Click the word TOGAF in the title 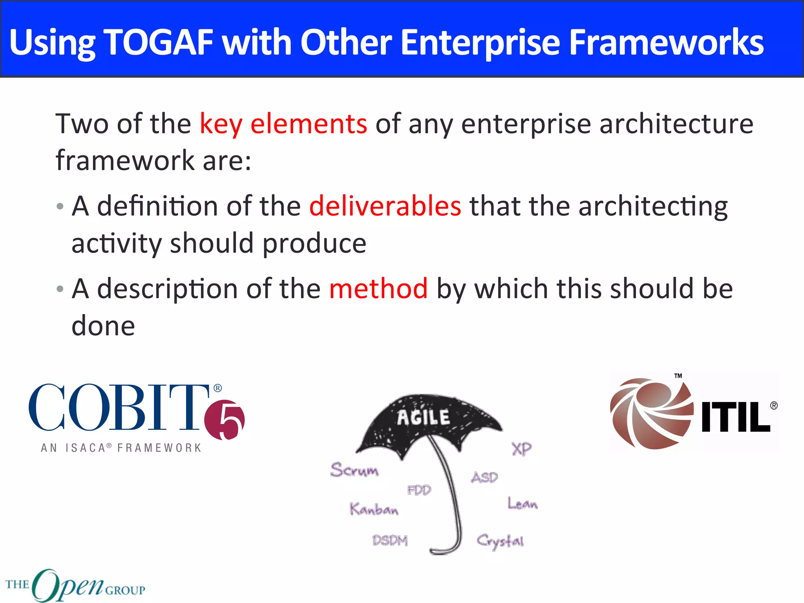(159, 42)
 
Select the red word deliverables (385, 206)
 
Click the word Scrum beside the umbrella (354, 470)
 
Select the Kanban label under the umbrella (374, 509)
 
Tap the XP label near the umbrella (521, 448)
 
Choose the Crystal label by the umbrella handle (500, 541)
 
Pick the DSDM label (390, 541)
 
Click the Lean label (522, 503)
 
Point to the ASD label (484, 477)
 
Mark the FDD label (419, 490)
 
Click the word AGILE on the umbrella (423, 417)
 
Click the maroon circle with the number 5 (225, 420)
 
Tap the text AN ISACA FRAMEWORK (121, 448)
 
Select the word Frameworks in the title (666, 42)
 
